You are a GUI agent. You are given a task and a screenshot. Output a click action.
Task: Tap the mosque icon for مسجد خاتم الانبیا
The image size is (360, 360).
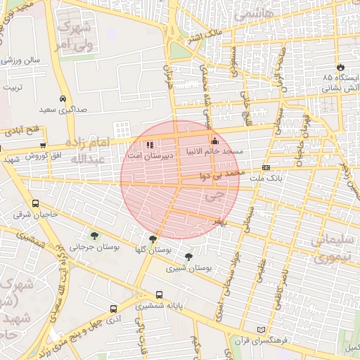214,140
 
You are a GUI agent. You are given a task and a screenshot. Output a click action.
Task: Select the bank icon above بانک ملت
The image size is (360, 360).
266,167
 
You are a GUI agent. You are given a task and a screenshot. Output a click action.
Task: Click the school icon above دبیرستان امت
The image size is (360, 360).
150,145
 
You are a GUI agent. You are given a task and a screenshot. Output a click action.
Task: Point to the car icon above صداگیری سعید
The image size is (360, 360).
63,99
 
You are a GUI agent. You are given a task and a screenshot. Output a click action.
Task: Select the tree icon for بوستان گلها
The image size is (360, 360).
153,238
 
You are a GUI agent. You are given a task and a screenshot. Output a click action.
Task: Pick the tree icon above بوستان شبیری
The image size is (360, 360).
188,257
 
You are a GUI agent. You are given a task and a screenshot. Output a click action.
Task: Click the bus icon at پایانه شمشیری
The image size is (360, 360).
159,295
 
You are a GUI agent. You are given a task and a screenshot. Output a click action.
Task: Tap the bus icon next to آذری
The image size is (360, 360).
114,309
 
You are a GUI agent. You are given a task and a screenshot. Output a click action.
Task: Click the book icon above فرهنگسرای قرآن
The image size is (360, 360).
262,329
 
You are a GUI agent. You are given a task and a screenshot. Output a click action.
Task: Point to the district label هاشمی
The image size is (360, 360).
251,14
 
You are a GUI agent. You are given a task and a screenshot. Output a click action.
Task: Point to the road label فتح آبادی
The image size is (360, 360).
25,131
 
